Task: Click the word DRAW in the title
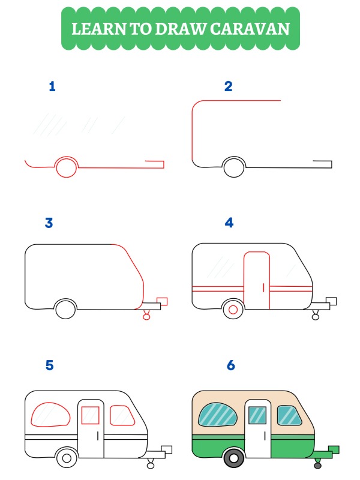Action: [x=170, y=28]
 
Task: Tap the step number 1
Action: [x=52, y=86]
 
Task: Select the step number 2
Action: [x=228, y=86]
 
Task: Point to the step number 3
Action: [x=49, y=223]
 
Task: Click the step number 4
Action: [x=229, y=223]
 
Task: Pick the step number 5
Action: [x=49, y=365]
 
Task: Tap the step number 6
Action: [x=230, y=365]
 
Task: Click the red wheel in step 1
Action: [x=66, y=167]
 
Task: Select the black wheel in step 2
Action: [x=234, y=167]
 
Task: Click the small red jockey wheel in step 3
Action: [x=146, y=316]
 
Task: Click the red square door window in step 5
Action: [x=90, y=415]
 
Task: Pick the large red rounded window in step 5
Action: [x=50, y=415]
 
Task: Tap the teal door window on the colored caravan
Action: [x=257, y=415]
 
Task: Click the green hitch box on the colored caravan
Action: [x=334, y=449]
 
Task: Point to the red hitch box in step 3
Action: [x=161, y=301]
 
